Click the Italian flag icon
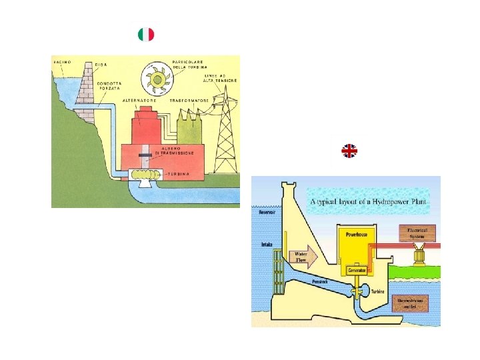point(145,34)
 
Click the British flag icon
point(349,151)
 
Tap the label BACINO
point(62,61)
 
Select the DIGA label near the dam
point(101,64)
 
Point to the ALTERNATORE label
point(139,100)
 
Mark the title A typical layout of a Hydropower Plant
point(368,201)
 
